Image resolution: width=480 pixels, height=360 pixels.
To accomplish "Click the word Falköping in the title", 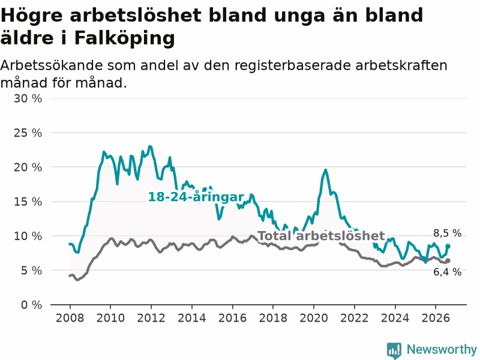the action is (x=125, y=39).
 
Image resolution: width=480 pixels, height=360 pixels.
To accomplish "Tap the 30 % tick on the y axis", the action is (x=28, y=98).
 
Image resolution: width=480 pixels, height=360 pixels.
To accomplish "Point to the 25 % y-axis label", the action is (x=28, y=133).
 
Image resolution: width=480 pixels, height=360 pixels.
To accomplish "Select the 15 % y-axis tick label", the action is (x=28, y=202).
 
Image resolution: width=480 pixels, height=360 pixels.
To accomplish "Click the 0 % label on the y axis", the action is (x=31, y=305).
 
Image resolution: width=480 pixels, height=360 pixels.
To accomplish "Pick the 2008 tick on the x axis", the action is (x=70, y=318).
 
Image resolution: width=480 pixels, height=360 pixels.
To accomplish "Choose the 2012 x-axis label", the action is (x=151, y=318).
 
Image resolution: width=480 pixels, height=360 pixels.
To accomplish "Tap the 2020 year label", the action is (x=314, y=318).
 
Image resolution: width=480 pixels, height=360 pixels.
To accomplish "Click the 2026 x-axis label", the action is (x=436, y=318).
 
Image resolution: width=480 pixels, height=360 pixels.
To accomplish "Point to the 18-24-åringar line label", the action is (x=196, y=197).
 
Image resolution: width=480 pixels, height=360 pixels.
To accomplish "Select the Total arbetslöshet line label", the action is (x=321, y=236).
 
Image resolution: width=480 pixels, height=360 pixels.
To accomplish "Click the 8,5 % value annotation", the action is (x=447, y=233).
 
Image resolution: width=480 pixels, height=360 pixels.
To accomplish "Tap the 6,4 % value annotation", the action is (x=447, y=272).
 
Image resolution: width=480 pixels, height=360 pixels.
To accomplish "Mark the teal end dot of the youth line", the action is (x=448, y=246).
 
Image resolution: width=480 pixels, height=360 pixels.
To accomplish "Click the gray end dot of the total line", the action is (x=448, y=261).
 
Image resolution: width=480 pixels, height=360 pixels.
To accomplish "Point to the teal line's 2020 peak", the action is (x=325, y=170).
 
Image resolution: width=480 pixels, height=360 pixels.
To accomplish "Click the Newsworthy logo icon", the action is (x=394, y=350).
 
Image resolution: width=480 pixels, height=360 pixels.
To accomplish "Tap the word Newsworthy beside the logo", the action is (x=442, y=349).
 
